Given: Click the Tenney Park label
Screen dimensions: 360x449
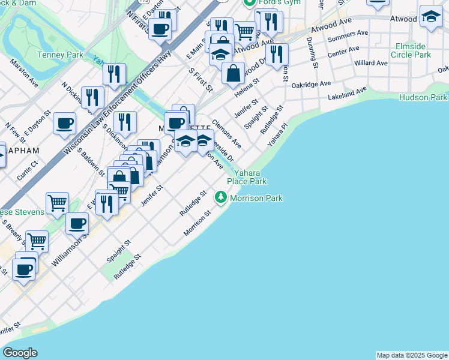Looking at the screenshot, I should (60, 55).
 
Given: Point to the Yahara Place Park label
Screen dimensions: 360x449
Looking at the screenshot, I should (247, 177).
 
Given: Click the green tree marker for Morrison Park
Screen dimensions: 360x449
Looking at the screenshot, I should (221, 197).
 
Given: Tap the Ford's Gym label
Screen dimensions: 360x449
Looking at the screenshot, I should (271, 2).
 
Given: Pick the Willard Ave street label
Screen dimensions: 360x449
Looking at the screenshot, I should (371, 63).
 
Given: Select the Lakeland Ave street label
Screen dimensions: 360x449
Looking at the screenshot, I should (347, 94).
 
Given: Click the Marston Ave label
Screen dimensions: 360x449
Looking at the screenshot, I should (25, 76).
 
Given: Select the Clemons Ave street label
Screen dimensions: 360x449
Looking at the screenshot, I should (226, 133).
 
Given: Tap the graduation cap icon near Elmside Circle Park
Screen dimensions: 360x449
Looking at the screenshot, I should (430, 17).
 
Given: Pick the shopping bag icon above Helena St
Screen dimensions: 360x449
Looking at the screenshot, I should (233, 73).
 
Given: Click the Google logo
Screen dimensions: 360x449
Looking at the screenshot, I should (20, 353).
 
